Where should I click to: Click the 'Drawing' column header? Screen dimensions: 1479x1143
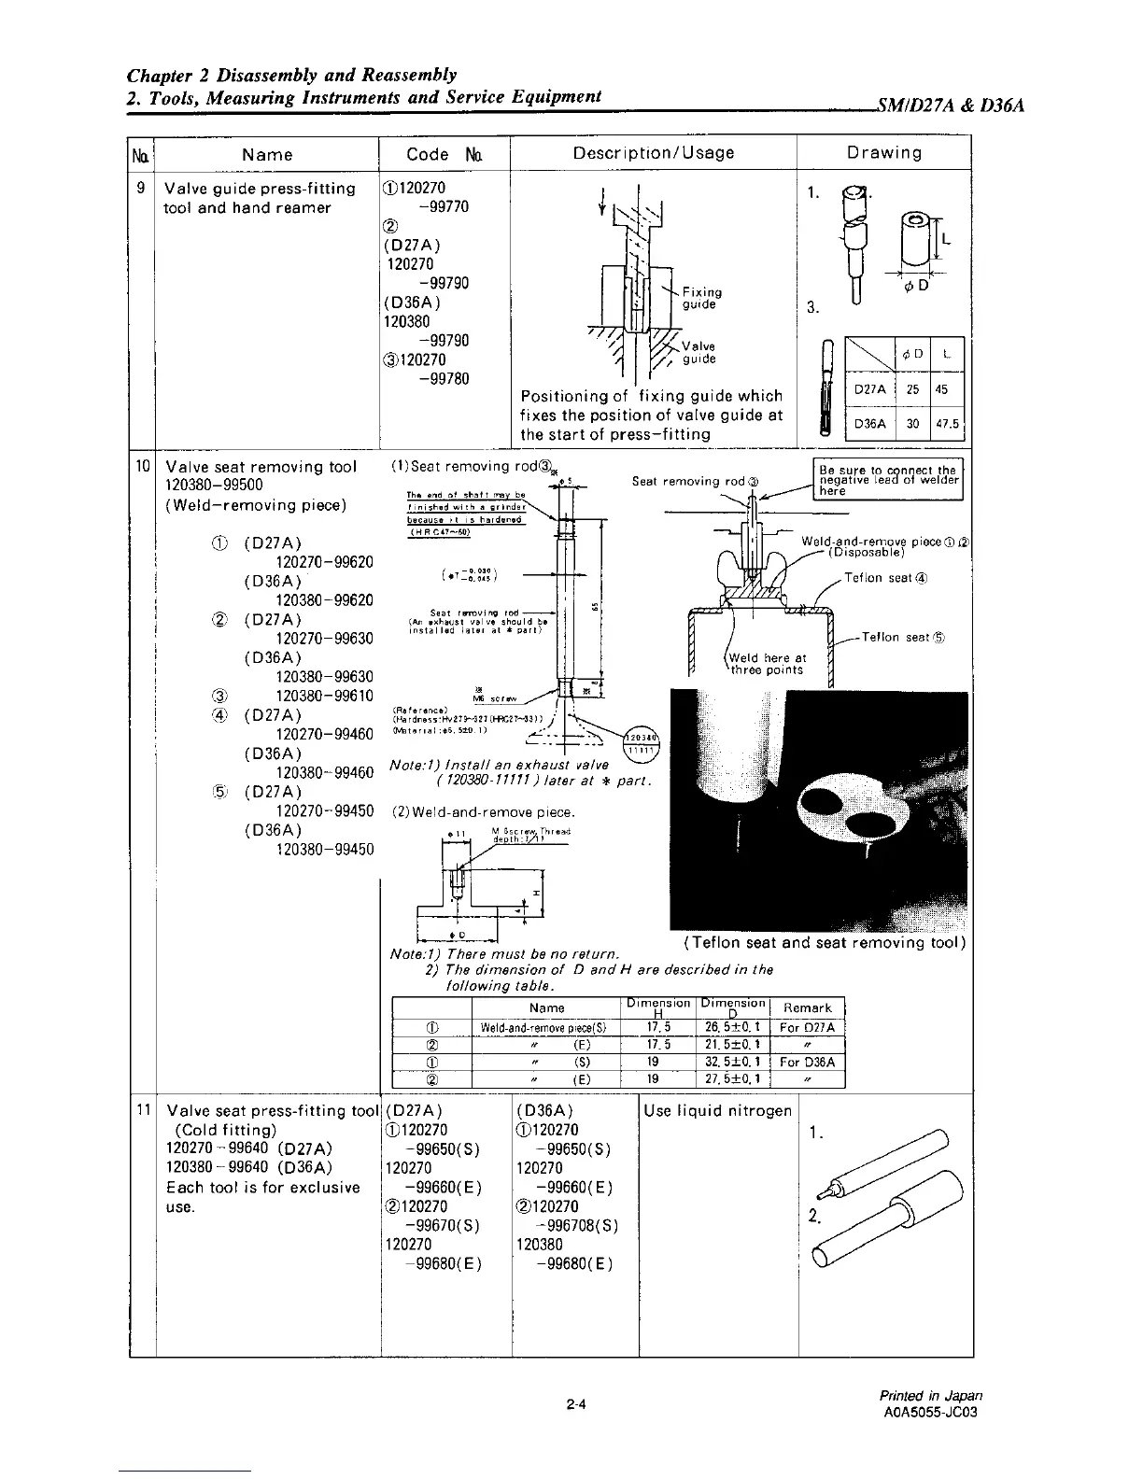(883, 152)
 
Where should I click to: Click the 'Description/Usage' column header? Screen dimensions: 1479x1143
(653, 152)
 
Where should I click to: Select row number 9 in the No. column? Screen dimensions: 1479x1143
(140, 188)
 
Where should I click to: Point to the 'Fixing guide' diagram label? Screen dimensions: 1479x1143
(701, 298)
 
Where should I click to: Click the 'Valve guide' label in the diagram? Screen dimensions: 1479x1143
(698, 353)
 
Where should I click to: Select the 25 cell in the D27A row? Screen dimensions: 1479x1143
(912, 389)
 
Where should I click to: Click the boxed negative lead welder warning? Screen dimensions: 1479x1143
(887, 480)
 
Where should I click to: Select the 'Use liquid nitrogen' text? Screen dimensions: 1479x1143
(717, 1110)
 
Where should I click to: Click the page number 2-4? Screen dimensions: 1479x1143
(575, 1402)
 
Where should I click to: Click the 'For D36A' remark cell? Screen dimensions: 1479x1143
(807, 1063)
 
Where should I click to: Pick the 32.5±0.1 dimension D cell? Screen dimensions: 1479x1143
(732, 1063)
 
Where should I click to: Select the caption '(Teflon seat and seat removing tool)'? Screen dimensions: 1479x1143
(824, 942)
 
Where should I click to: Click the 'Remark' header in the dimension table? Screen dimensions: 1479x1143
(807, 1007)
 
